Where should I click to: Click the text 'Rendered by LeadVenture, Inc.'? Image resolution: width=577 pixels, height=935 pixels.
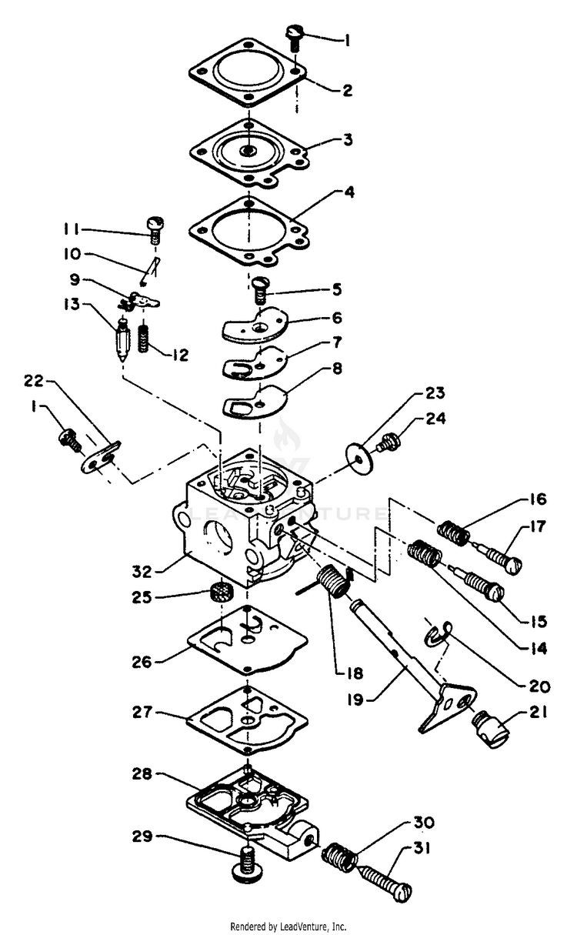[288, 927]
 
